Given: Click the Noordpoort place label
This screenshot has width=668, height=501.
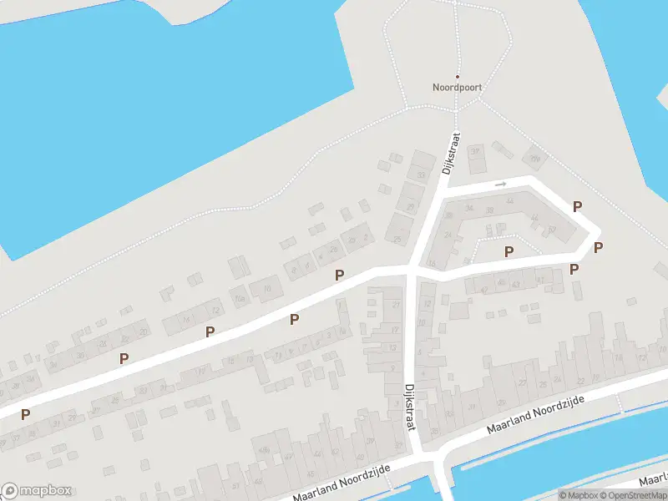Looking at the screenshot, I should coord(457,87).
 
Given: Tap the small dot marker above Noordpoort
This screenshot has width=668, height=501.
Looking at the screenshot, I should coord(457,76).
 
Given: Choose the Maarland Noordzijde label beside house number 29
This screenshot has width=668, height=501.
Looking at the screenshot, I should coord(534,415).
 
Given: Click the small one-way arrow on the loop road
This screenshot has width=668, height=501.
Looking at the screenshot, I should coord(500,184).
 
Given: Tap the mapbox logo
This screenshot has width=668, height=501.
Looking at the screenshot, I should coord(37,491).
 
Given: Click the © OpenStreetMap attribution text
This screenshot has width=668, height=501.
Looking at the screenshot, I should coord(631,495).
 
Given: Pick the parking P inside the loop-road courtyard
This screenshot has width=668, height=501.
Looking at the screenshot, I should coord(509,251).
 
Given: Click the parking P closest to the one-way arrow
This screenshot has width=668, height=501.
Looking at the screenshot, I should coord(576,206).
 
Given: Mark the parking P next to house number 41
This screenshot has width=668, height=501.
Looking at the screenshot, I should coord(574,269).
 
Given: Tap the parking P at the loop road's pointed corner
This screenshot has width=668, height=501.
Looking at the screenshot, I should coord(598,247).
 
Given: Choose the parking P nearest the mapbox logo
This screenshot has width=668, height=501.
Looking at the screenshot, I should coord(26,414).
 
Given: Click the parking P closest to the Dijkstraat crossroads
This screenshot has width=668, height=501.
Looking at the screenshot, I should coord(339,276).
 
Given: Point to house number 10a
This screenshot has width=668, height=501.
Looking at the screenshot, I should coord(240,298).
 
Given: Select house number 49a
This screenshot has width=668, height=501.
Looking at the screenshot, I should coord(264,452).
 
